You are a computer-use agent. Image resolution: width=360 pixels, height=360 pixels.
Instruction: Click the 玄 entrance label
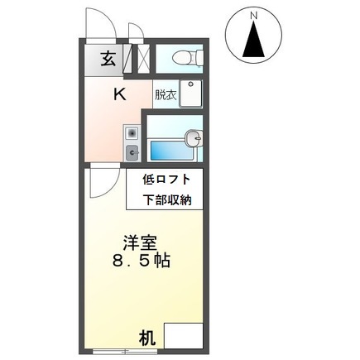click(x=108, y=60)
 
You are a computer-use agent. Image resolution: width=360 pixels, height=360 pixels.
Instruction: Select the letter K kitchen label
click(x=119, y=94)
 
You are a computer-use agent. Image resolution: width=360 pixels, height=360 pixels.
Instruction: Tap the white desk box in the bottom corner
click(x=183, y=336)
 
